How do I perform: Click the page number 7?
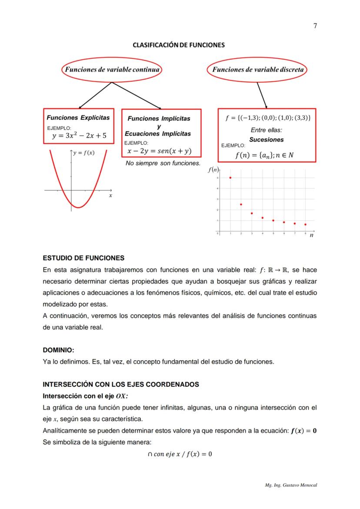[315, 26]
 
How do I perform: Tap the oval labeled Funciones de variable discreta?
[257, 70]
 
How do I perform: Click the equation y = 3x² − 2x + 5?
[79, 135]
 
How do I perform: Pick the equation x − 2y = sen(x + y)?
[159, 151]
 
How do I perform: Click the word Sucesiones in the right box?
[266, 140]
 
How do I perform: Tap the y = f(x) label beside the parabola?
[84, 153]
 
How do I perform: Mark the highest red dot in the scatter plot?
[230, 178]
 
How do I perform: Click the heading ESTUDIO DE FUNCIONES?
[83, 258]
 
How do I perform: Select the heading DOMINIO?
[58, 349]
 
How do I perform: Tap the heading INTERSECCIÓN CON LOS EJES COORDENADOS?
[121, 384]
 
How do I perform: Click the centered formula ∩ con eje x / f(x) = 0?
[180, 454]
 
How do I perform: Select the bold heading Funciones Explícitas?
[78, 118]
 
